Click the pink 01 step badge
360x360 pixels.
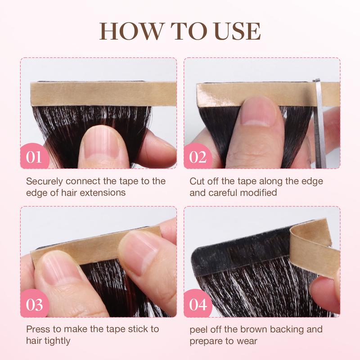(x=35, y=156)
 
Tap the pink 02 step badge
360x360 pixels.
(x=198, y=156)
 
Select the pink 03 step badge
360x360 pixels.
(x=35, y=304)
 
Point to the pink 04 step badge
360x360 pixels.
(x=198, y=304)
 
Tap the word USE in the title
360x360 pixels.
(x=238, y=31)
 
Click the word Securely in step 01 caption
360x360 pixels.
(x=44, y=182)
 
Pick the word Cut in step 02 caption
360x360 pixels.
(x=197, y=181)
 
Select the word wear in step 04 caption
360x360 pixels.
(x=247, y=342)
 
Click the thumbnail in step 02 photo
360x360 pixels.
(x=259, y=111)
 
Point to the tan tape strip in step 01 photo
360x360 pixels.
(x=103, y=94)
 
